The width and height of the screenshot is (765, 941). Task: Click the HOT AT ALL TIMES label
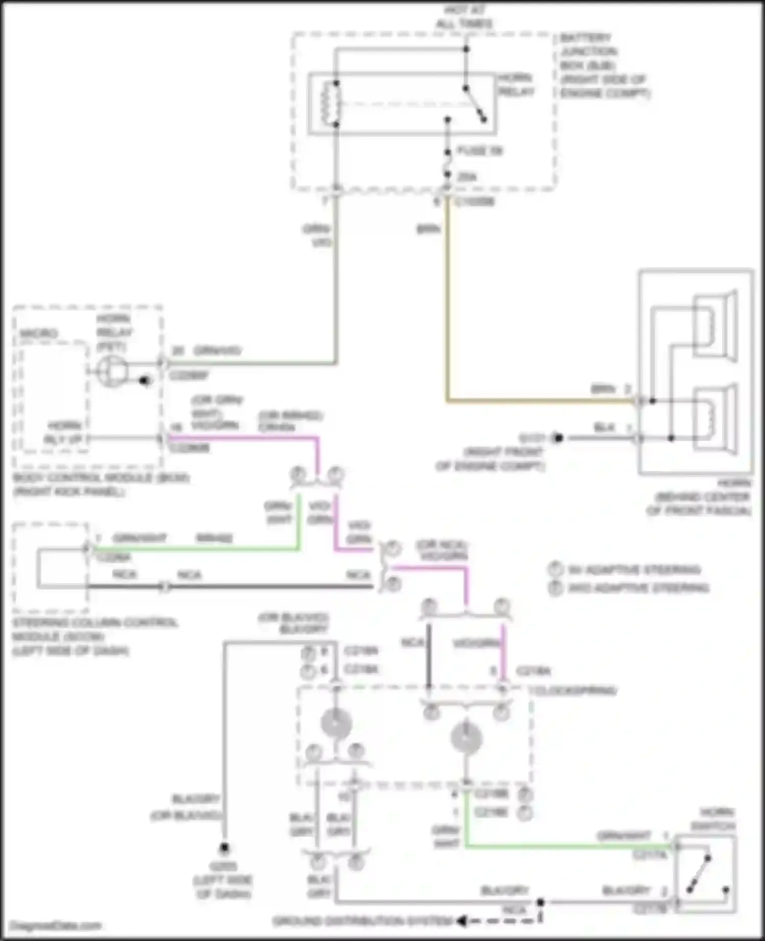464,17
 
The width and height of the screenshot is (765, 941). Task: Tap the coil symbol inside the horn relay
330,103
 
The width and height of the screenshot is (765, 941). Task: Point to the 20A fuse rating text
467,177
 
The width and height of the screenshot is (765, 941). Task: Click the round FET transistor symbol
113,372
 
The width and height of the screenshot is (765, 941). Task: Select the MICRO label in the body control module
39,333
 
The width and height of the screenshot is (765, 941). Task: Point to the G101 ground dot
558,438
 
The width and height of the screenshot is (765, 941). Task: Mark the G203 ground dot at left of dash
224,848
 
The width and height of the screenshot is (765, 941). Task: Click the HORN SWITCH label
716,819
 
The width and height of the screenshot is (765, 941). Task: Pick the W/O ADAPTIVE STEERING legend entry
637,588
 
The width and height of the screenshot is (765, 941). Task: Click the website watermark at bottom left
56,925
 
